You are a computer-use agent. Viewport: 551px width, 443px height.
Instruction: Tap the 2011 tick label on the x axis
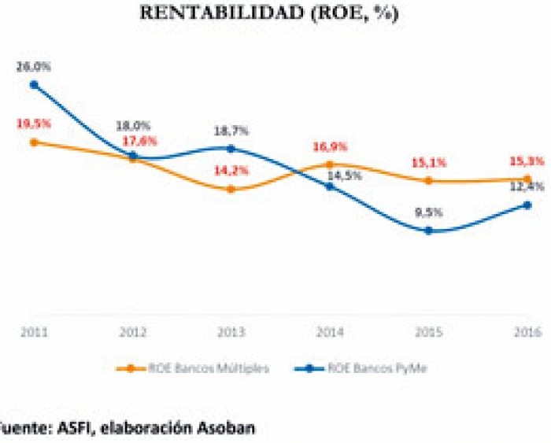[x=34, y=331]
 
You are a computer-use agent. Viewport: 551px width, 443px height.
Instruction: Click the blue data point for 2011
[x=34, y=84]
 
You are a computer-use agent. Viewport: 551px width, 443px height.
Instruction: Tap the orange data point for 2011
[x=34, y=142]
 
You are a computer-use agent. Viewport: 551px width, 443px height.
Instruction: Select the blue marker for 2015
[x=428, y=231]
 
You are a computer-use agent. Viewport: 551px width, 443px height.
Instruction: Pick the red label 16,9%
[x=331, y=147]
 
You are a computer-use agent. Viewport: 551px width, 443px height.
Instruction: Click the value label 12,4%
[x=525, y=187]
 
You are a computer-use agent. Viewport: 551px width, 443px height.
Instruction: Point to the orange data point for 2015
[x=428, y=180]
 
